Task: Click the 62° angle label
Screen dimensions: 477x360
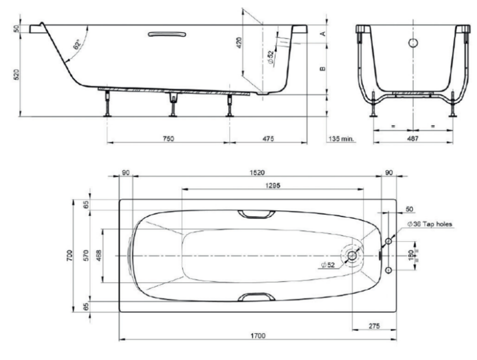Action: (x=77, y=45)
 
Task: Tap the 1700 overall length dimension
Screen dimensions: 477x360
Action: (x=258, y=336)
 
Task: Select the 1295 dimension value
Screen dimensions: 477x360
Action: (x=273, y=185)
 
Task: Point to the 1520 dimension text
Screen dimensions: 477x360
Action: (x=257, y=173)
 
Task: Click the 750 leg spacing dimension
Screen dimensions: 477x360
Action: (x=168, y=139)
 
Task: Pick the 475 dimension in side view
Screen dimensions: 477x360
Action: (x=268, y=139)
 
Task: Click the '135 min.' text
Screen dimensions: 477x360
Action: (x=342, y=139)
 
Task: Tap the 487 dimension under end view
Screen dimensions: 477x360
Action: (x=413, y=138)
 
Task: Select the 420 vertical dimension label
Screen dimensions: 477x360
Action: (x=239, y=42)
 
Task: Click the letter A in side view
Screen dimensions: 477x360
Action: (x=323, y=33)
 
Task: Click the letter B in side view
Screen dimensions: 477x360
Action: (x=323, y=69)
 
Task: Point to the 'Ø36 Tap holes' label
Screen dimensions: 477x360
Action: (x=430, y=224)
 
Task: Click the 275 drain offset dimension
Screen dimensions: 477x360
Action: (x=374, y=326)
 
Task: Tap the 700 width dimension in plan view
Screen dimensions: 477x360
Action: (x=70, y=255)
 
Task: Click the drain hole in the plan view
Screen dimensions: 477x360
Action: (x=352, y=255)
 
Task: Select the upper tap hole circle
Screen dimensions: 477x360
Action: (x=388, y=242)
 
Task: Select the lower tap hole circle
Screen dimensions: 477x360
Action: (x=388, y=270)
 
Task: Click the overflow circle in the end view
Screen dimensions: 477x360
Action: (x=413, y=43)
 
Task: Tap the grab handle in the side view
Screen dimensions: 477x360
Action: (x=167, y=34)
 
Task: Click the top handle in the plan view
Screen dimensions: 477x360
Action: (x=256, y=214)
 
